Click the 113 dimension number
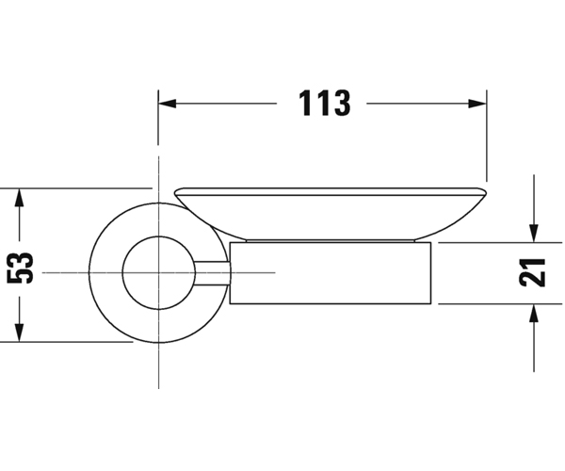(x=324, y=103)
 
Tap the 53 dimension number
(x=20, y=268)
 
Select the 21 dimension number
(x=533, y=273)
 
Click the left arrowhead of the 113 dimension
(x=168, y=104)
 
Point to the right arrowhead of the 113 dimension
(x=477, y=104)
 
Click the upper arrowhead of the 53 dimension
(x=20, y=197)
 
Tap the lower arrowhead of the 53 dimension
(x=20, y=333)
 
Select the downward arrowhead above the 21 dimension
(x=534, y=234)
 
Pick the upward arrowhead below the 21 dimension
(x=534, y=313)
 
